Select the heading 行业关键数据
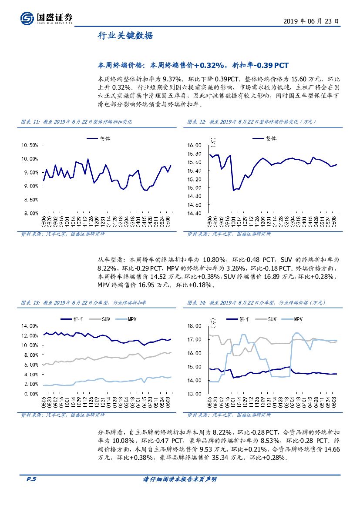tap(125, 36)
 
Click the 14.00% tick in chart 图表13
tap(30, 325)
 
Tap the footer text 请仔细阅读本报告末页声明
tap(180, 479)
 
